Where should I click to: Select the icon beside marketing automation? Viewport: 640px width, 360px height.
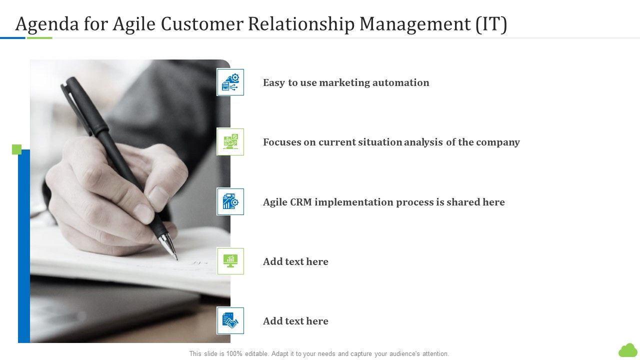(x=230, y=82)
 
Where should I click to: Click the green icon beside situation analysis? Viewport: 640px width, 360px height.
(x=230, y=142)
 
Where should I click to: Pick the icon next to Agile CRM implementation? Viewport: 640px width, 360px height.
(x=230, y=202)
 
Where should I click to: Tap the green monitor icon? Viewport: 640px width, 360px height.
(x=230, y=261)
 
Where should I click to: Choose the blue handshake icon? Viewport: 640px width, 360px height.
(x=230, y=321)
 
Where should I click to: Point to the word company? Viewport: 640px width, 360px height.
(x=498, y=142)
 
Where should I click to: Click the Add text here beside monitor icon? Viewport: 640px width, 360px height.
(x=295, y=261)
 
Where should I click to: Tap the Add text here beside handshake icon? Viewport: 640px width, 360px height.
(x=295, y=321)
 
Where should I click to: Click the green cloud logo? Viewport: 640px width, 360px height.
(x=628, y=350)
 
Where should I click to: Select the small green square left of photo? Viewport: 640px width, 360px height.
(x=16, y=149)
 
